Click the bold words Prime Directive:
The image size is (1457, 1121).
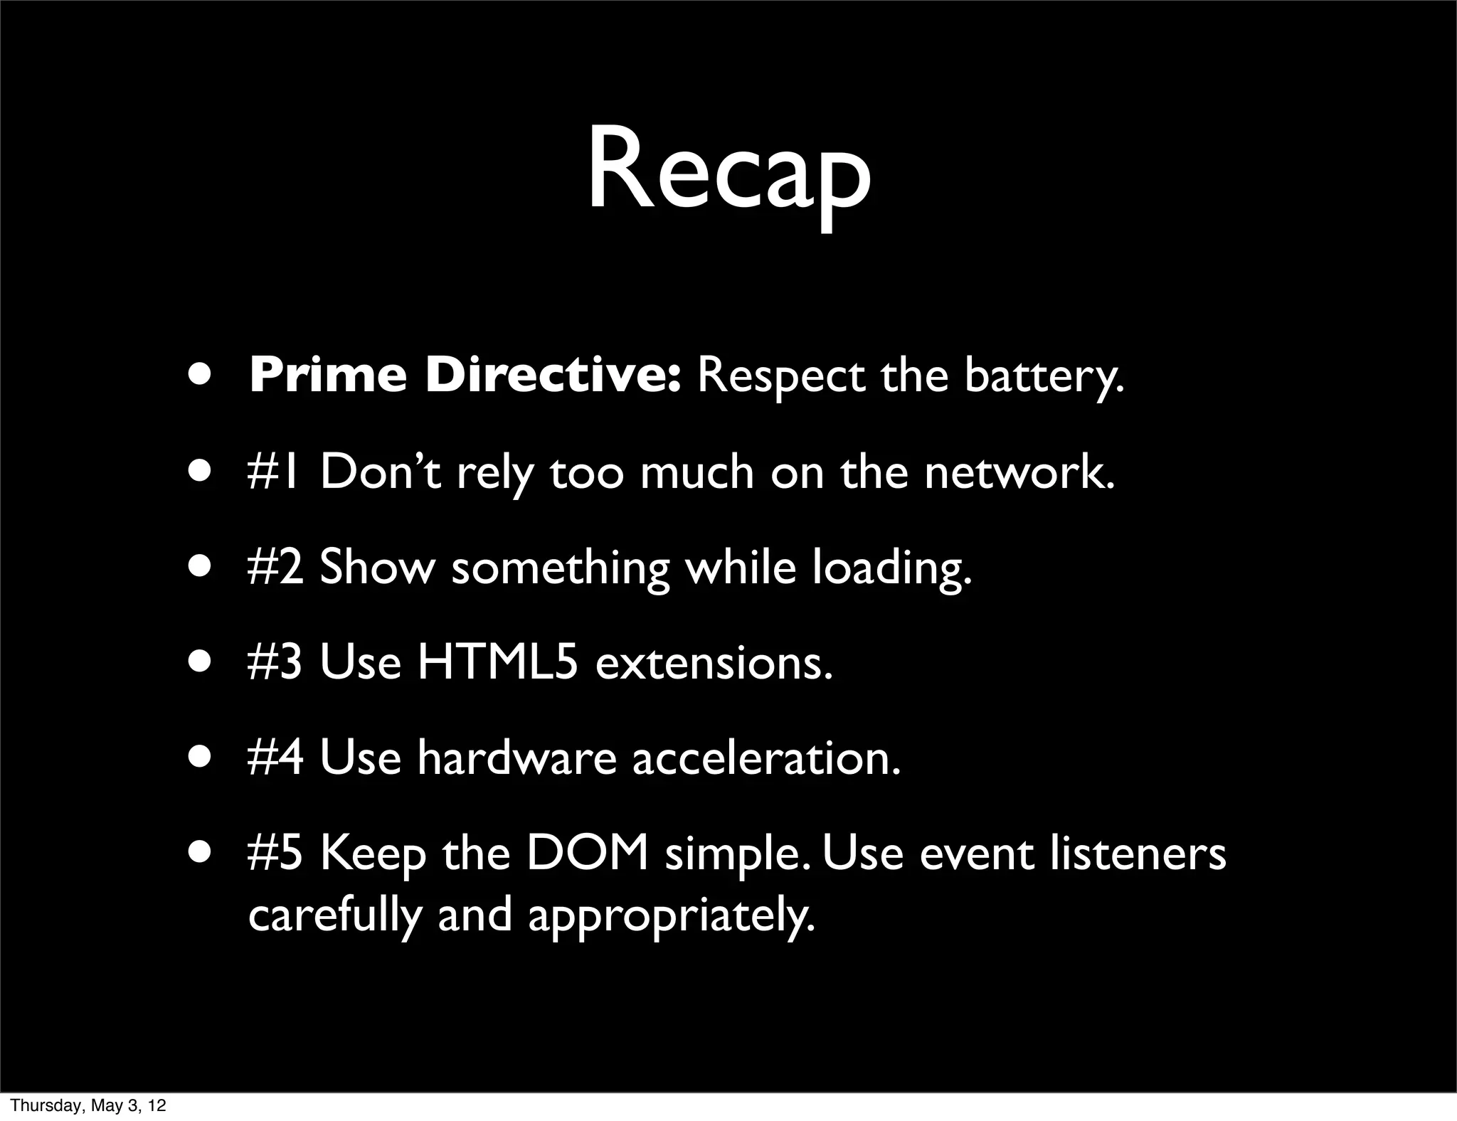tap(466, 376)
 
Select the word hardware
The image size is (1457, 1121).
tap(516, 758)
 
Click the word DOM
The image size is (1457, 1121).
tap(587, 854)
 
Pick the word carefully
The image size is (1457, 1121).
tap(335, 915)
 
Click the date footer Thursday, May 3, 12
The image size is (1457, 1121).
tap(89, 1105)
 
